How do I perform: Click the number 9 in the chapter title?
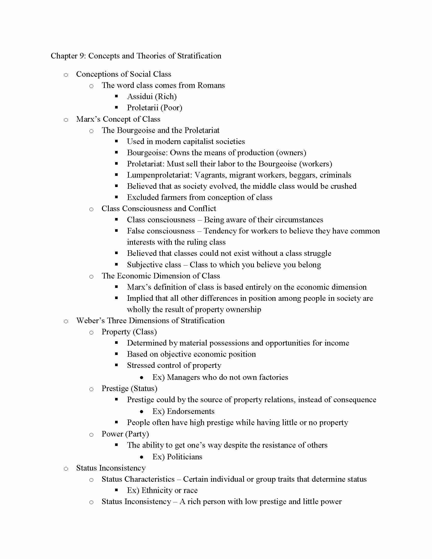click(x=82, y=56)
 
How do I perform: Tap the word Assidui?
click(x=140, y=97)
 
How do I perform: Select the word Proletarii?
click(x=143, y=108)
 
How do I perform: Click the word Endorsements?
click(x=191, y=411)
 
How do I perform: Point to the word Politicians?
click(x=184, y=457)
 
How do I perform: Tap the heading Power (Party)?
click(x=125, y=434)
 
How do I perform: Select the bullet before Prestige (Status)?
click(x=91, y=389)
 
